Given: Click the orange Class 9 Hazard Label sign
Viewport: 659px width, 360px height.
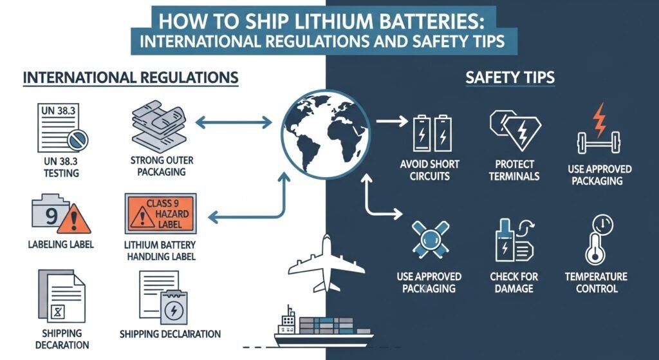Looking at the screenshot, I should click(x=161, y=214).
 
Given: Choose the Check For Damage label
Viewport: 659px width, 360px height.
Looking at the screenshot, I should click(x=514, y=282).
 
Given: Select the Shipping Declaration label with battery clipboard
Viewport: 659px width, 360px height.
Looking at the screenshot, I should click(x=170, y=334).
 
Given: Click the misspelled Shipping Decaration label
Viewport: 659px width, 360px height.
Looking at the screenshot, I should click(x=62, y=339).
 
